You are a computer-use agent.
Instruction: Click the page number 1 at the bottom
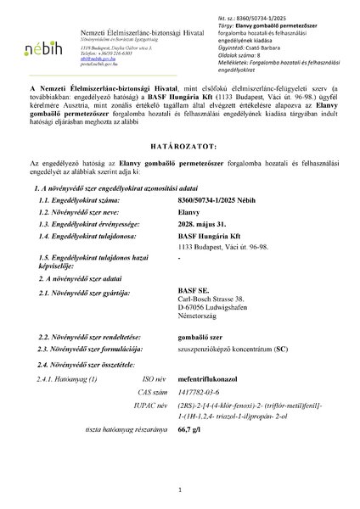click(x=180, y=489)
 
